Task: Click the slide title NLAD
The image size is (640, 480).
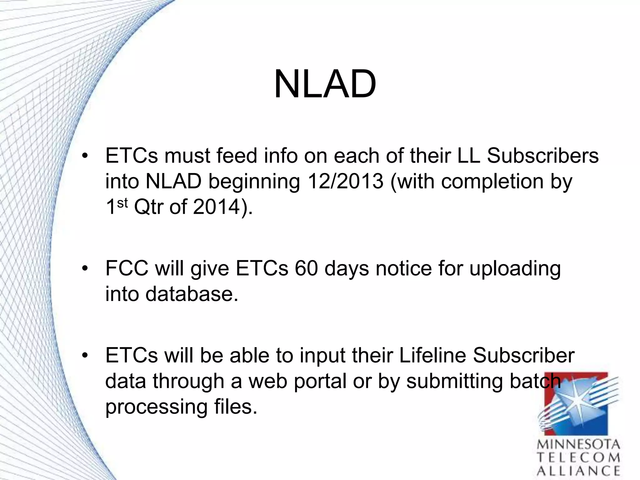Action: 325,84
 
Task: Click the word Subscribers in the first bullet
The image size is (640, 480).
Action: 543,156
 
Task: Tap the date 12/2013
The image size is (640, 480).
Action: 345,181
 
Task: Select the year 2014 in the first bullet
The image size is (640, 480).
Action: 217,207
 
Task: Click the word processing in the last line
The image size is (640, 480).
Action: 156,407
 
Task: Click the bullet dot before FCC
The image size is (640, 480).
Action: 85,269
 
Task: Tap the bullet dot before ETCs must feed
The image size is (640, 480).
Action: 85,156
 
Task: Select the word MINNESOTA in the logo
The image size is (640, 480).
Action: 578,445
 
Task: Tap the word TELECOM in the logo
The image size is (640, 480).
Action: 578,458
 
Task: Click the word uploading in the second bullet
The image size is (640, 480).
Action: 515,269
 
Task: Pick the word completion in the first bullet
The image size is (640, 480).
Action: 492,181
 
